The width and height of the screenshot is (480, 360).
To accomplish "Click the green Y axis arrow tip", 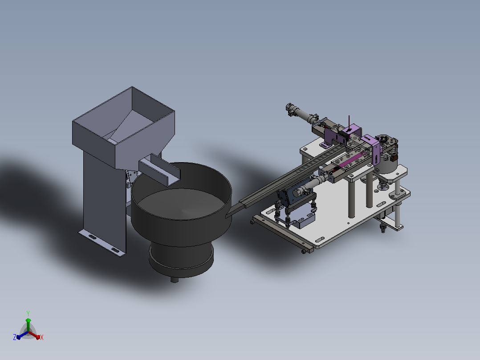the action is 28,320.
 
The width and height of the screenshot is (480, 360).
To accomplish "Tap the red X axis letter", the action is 42,337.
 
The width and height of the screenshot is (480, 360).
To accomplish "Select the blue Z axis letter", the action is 15,337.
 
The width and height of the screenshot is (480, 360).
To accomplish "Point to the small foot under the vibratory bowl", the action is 175,279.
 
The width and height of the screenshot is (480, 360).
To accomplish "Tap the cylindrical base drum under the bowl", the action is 181,258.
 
